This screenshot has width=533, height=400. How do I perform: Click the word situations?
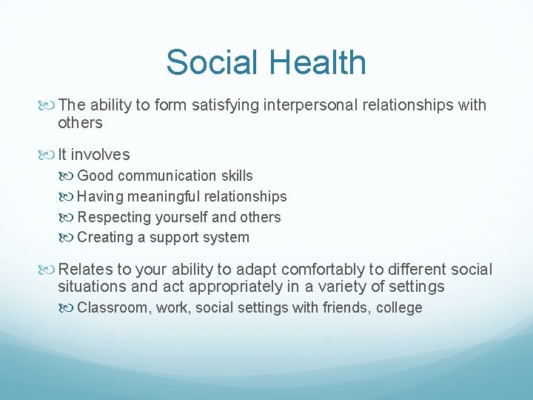click(90, 287)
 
